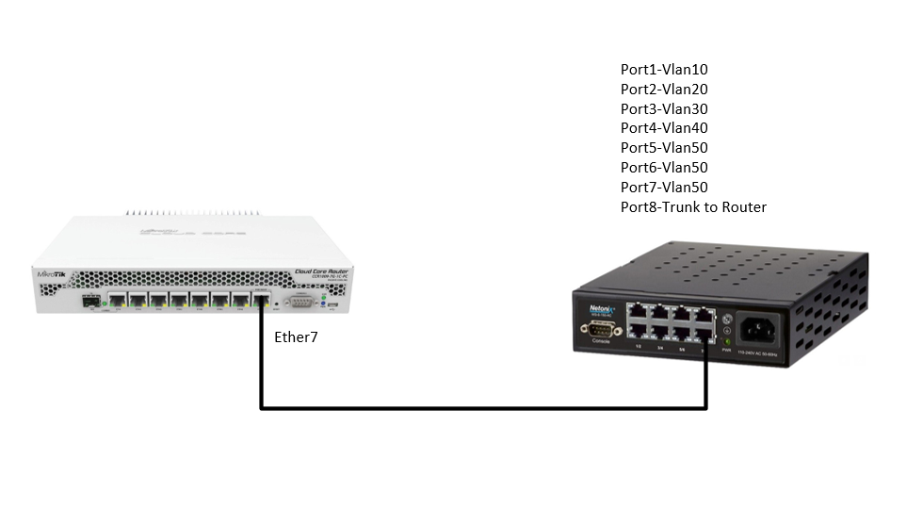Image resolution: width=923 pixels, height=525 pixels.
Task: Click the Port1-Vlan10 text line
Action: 663,69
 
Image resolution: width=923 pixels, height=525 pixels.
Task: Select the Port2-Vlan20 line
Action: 663,89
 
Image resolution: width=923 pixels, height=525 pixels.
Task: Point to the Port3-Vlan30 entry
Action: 663,108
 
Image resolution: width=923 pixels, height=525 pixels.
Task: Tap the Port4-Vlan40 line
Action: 663,127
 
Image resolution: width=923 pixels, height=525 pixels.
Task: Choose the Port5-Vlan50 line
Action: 663,147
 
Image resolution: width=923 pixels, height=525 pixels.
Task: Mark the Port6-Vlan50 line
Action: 663,167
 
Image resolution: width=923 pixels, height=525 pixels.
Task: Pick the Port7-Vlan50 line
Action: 663,187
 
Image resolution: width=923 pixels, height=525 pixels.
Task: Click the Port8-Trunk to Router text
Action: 692,206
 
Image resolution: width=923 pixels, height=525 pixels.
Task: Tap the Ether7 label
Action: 295,336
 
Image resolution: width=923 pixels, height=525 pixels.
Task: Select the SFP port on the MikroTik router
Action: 90,302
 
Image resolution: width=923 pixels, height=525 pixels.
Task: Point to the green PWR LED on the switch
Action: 726,340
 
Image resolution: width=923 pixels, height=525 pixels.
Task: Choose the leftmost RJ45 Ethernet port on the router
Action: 119,301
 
